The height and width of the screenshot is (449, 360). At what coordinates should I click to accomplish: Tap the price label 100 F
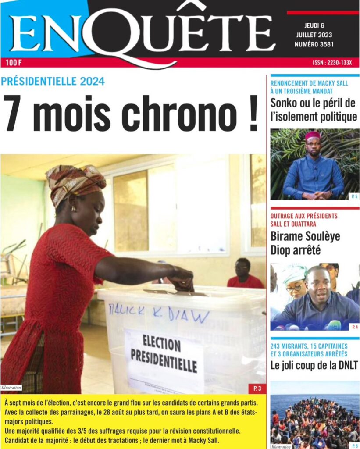[14, 63]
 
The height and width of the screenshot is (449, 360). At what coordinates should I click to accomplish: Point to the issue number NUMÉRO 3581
[314, 44]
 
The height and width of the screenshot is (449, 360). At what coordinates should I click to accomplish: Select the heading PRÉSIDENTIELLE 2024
[53, 81]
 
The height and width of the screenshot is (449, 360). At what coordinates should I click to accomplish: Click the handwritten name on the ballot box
[158, 312]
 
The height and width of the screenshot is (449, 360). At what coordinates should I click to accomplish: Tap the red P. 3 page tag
[257, 388]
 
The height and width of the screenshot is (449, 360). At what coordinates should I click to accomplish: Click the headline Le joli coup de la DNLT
[314, 365]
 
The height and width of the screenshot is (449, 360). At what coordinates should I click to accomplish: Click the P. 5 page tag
[354, 196]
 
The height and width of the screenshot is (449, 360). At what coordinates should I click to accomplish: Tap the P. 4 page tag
[354, 327]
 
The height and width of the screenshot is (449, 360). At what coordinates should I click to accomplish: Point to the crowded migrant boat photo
[314, 419]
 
